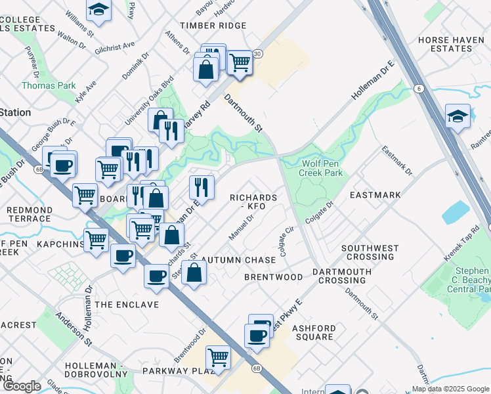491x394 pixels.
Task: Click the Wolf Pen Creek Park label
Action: pos(321,168)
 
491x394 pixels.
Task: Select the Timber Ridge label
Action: pos(207,25)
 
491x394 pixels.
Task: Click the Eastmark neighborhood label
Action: pos(375,195)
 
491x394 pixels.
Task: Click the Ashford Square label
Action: pos(314,332)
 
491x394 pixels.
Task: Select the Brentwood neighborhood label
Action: pos(274,277)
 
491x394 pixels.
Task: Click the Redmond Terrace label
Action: pos(29,214)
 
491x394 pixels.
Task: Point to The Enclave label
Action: pos(127,305)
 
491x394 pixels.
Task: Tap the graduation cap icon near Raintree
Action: pos(458,116)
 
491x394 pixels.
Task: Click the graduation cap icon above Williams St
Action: pos(98,8)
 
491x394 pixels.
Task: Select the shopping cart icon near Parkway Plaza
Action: pos(218,357)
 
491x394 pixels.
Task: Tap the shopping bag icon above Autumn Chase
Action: pos(194,272)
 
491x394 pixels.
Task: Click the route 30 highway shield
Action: pos(258,53)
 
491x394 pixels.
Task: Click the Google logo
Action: pos(22,386)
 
